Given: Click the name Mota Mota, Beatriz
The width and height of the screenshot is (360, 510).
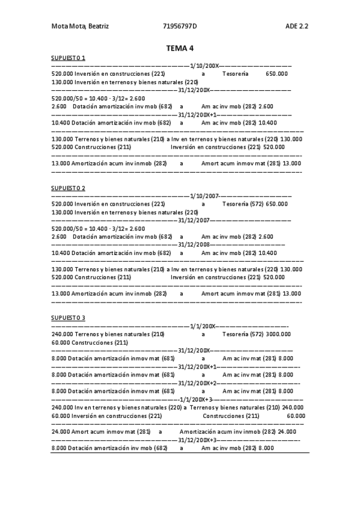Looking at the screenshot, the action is (80, 26).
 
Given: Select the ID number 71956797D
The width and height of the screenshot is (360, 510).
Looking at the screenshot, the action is (180, 26).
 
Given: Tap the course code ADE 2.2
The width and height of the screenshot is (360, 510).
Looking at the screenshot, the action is (297, 26).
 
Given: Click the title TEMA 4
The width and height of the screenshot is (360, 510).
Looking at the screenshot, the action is (180, 48).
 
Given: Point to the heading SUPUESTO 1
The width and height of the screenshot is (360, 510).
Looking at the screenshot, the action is (68, 58).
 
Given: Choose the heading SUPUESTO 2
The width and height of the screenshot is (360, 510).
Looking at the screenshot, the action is (68, 188).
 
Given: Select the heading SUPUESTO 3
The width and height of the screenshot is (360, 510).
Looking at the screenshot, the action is (68, 318).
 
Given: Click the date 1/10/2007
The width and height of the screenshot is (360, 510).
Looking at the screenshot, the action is (204, 196).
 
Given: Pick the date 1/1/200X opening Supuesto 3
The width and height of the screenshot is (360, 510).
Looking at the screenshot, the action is (203, 325).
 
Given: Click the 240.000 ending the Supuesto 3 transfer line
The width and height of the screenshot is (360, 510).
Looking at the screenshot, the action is (292, 407).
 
